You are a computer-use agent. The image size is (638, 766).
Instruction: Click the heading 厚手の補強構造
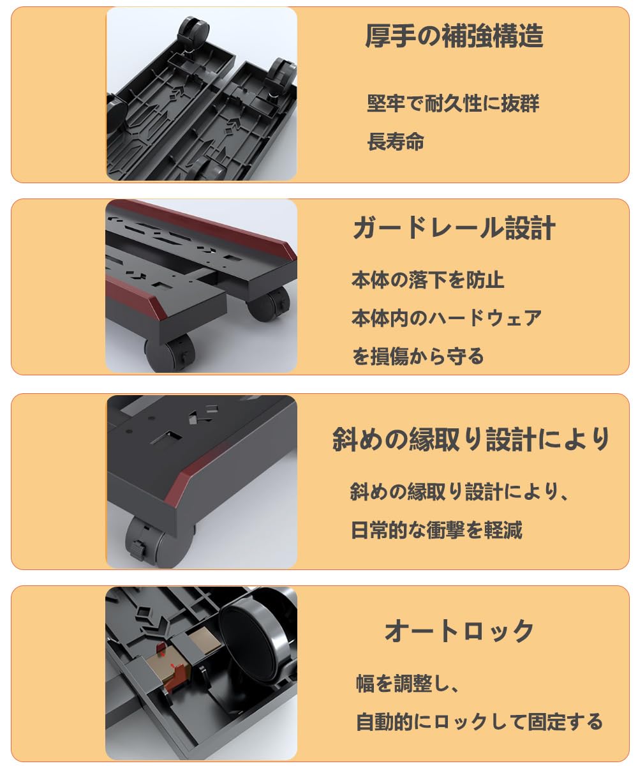[454, 36]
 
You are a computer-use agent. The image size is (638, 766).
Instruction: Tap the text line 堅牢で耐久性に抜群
[453, 103]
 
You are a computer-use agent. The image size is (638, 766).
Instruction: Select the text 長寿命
[396, 141]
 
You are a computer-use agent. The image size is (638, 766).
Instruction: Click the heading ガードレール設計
[454, 228]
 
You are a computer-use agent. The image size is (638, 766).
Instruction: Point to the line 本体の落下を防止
[428, 280]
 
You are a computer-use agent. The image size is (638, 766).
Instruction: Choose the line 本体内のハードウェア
[447, 318]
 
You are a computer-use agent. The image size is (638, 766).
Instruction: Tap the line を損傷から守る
[418, 356]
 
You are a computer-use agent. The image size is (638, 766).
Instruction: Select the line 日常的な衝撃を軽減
[436, 530]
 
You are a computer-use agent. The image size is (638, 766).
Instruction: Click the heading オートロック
[459, 631]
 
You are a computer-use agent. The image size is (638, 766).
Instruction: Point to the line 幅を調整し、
[408, 684]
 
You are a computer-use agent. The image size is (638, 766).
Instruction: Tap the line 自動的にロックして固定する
[479, 721]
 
